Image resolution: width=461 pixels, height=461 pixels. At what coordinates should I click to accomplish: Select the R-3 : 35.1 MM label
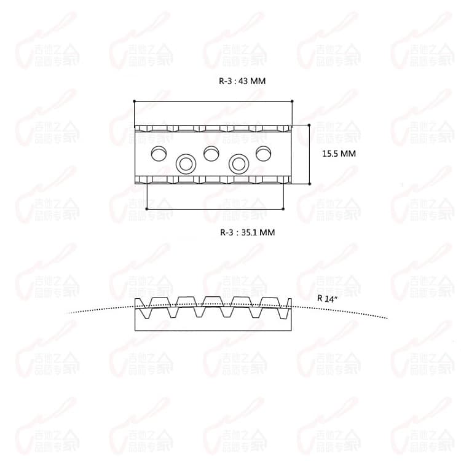(247, 232)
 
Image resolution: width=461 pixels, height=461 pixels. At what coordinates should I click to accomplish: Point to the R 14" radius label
(328, 297)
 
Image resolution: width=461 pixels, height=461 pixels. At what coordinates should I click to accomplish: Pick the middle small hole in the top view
(211, 152)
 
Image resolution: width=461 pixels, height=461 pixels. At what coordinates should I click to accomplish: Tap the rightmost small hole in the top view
(263, 152)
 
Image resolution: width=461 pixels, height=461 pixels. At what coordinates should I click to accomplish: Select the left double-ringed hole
(186, 164)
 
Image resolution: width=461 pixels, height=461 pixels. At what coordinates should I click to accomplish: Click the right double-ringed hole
(238, 164)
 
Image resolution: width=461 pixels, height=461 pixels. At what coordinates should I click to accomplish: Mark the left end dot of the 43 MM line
(134, 101)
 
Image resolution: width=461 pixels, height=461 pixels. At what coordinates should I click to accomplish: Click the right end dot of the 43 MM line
(292, 101)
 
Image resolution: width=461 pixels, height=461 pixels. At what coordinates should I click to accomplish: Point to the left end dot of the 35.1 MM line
(147, 209)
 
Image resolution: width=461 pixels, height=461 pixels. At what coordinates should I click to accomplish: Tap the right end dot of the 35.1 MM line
(284, 209)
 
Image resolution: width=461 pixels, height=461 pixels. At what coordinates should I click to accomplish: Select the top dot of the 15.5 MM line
(309, 125)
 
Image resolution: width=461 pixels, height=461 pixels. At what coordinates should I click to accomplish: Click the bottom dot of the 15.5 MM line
(309, 183)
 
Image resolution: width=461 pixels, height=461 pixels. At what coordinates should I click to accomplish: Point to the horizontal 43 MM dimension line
(213, 101)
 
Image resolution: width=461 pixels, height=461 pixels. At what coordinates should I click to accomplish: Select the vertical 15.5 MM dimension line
(309, 154)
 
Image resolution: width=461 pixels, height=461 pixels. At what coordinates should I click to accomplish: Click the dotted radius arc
(357, 312)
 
